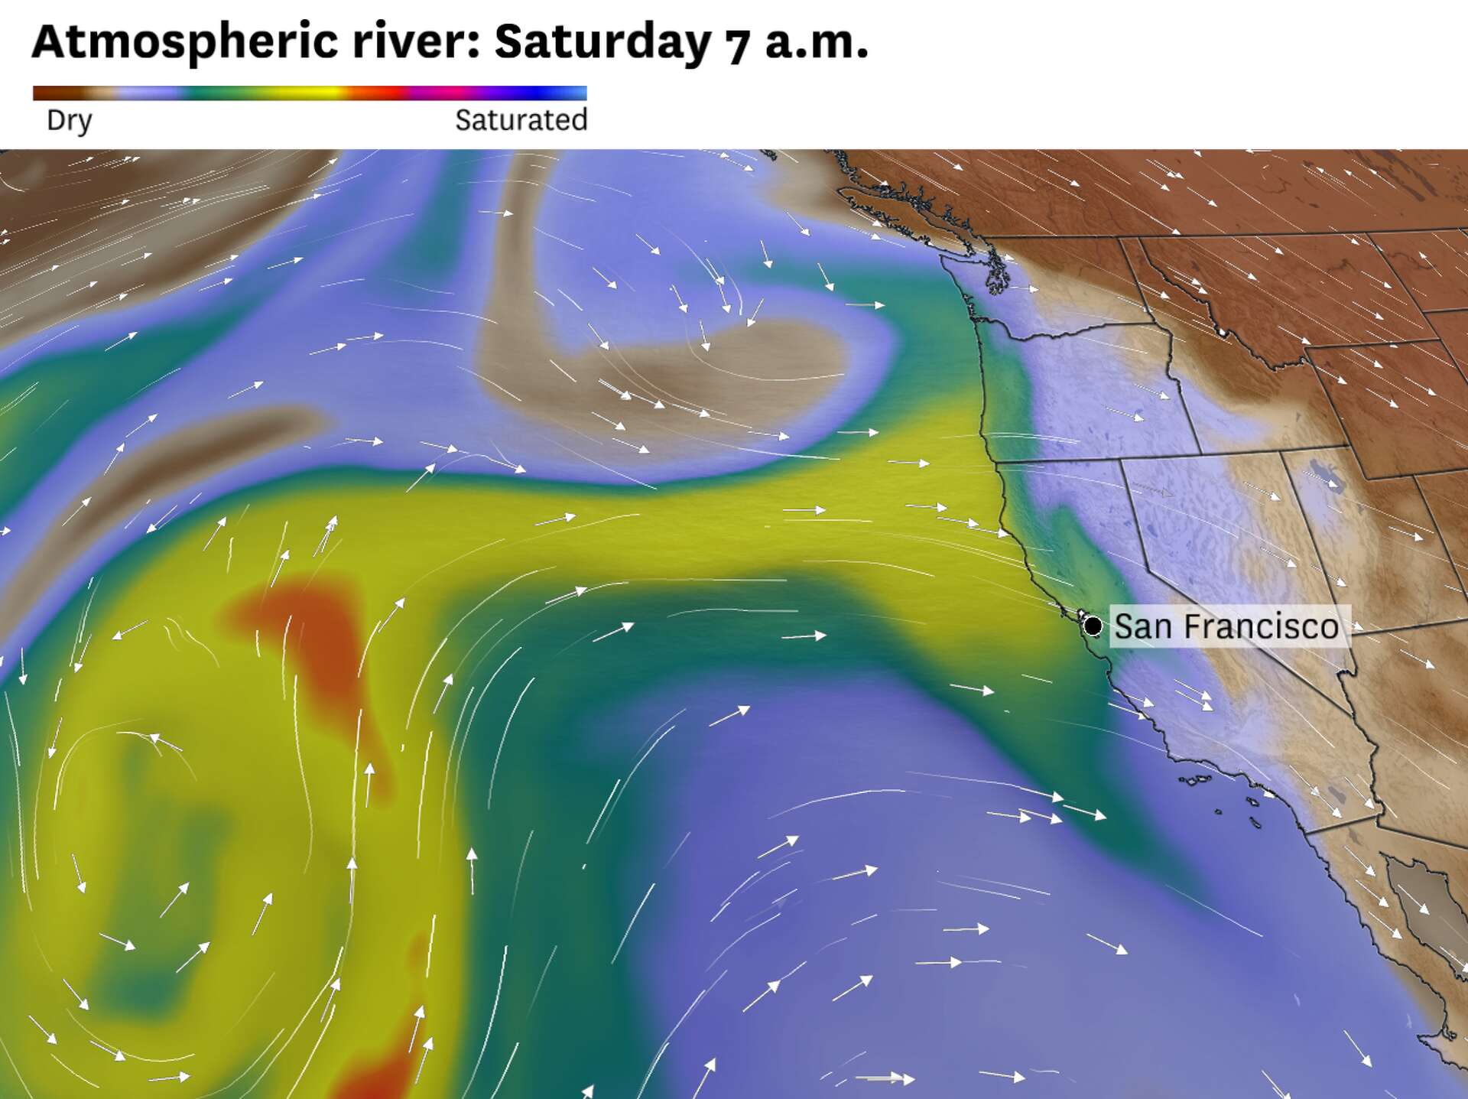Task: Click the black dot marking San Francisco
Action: (1093, 626)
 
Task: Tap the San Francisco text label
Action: (1226, 626)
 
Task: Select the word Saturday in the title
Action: (602, 42)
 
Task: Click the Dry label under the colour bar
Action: (69, 120)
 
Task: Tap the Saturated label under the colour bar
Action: (521, 120)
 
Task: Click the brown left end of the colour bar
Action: (46, 93)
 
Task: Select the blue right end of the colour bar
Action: (573, 93)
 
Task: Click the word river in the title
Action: (415, 42)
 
